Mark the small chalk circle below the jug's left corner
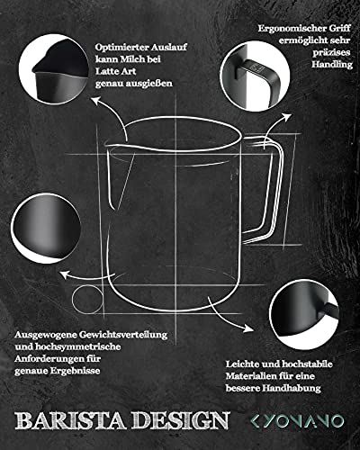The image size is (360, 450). [x=84, y=299]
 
